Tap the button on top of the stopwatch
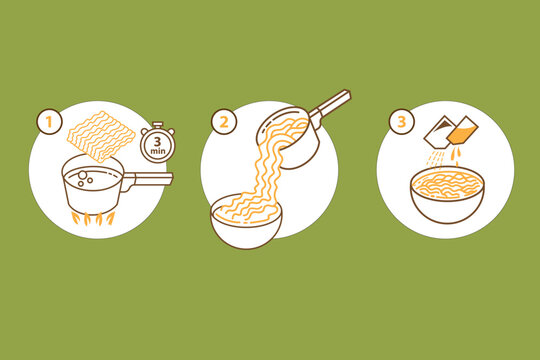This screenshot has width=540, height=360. point(153,126)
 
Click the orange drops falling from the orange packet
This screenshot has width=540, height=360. point(456,156)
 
